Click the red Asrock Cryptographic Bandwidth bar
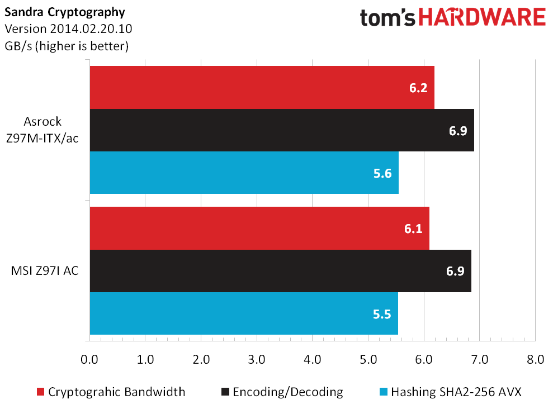click(x=262, y=87)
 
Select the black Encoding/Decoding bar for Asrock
click(x=282, y=130)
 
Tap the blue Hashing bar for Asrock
click(x=244, y=173)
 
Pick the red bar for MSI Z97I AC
click(x=259, y=228)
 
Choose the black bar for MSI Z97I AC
click(x=280, y=271)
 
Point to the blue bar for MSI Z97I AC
click(x=244, y=313)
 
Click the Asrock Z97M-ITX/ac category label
click(x=42, y=130)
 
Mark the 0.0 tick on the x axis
click(x=89, y=359)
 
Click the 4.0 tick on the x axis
click(x=312, y=359)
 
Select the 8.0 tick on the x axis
click(x=535, y=359)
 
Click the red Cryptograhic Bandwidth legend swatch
click(x=40, y=392)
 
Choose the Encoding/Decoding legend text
click(x=288, y=392)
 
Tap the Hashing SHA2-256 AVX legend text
click(x=456, y=392)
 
